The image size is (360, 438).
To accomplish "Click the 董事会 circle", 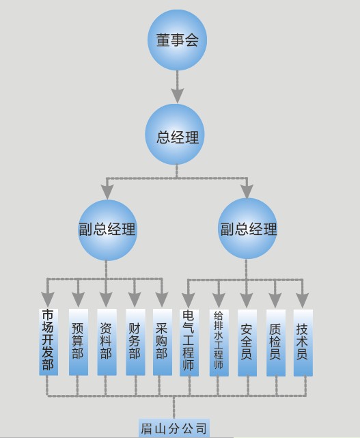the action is coord(177,40).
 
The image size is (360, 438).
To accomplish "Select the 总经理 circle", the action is coord(175,135).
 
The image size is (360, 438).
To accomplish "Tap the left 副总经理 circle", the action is coord(107,230).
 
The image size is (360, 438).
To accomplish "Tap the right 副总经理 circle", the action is coord(247,228).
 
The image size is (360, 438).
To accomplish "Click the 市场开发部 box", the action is coord(49,342).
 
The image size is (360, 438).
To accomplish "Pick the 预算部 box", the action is coord(79,342).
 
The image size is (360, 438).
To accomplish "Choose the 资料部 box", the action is coord(107,342).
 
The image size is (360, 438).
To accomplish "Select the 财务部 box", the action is coord(135,342).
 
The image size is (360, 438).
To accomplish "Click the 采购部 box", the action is coord(163,342).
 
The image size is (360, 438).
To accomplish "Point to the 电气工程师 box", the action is coord(189,342).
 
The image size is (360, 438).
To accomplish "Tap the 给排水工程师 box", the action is coord(219,342).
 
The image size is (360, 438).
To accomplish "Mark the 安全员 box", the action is coord(247,342).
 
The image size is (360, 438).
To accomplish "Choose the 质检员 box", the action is coord(276,342).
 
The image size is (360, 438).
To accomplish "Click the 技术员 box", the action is coord(303,342).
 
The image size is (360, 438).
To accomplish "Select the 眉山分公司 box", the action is coord(174,428).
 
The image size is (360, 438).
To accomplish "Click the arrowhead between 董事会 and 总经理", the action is coord(178,95).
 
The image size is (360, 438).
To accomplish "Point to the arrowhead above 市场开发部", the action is coord(48,299).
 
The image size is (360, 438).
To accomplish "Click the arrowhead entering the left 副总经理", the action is coord(107,191).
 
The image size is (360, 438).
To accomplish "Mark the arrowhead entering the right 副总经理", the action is coord(247,191).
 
